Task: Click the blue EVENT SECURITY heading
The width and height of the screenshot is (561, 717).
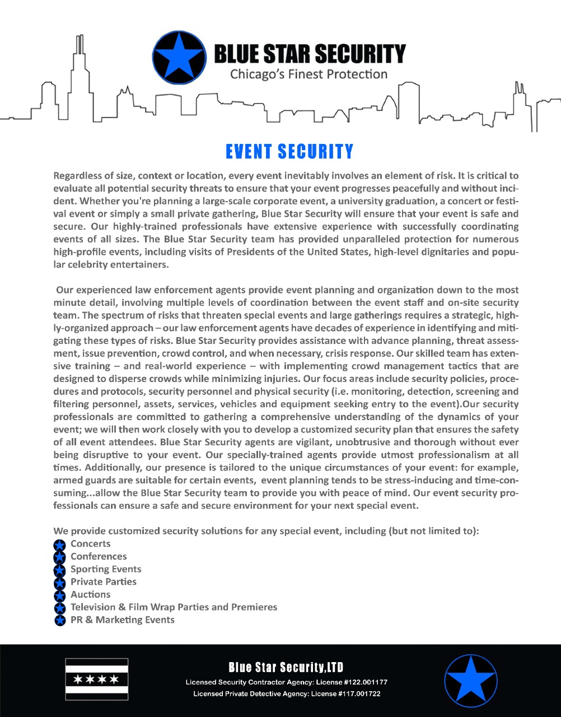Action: (x=289, y=151)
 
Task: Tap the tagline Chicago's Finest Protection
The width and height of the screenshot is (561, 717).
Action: (x=309, y=74)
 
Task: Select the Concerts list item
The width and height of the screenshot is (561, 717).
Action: (x=90, y=543)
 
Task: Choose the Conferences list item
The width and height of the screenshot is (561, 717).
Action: (x=99, y=556)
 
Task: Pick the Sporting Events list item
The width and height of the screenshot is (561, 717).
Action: (x=106, y=569)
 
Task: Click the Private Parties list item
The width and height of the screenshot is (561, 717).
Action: (x=104, y=581)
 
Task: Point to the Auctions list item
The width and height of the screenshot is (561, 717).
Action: (x=90, y=594)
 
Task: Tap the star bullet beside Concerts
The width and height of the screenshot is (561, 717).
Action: (x=60, y=544)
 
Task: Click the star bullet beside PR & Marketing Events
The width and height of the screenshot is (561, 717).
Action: (x=60, y=620)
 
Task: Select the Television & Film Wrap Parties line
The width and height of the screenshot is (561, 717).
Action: (x=174, y=607)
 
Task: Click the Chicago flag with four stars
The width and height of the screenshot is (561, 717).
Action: (x=97, y=679)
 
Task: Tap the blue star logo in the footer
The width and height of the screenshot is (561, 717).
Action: (x=471, y=681)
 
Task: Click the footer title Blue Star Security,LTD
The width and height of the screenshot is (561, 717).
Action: (x=286, y=667)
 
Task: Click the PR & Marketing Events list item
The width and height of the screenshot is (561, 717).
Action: (x=122, y=620)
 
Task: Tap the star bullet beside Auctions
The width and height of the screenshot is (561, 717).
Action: (x=60, y=595)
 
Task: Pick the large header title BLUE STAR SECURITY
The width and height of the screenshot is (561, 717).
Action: (x=310, y=54)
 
